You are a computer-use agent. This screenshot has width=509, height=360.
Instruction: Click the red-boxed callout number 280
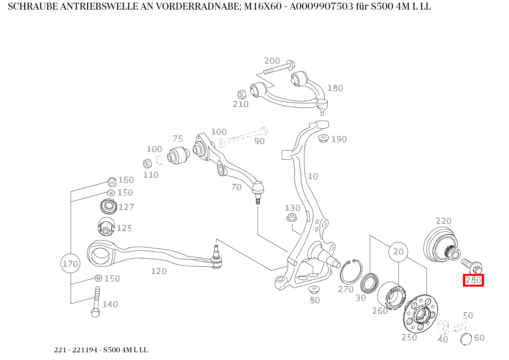click(473, 280)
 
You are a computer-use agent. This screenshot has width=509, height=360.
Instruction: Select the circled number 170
click(70, 264)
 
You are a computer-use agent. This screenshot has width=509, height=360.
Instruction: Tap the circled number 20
click(398, 252)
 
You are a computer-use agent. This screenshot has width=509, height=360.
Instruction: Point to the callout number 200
click(272, 61)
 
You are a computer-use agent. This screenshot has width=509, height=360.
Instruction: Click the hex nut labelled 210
click(242, 94)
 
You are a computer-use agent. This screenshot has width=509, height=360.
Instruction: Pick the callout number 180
click(335, 88)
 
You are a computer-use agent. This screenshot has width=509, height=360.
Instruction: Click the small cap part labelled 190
click(324, 138)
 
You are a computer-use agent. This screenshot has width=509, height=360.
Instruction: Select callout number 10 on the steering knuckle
click(313, 176)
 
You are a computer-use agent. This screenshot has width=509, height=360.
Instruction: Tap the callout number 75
click(177, 139)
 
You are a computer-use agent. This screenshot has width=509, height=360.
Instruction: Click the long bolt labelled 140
click(96, 302)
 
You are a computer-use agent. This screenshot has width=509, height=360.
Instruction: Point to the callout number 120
click(159, 271)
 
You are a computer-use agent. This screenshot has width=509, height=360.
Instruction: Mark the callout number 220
click(444, 221)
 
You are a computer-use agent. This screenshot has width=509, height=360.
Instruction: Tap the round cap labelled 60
click(466, 339)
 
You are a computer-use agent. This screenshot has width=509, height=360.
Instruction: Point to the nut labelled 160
click(112, 181)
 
